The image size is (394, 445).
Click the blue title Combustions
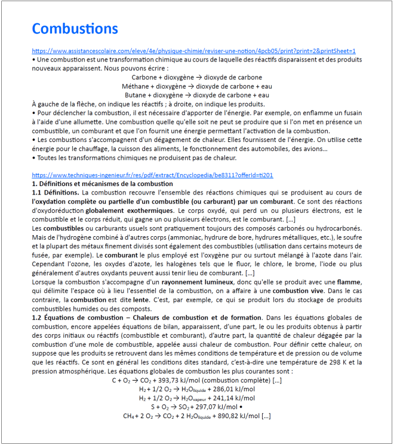click(75, 29)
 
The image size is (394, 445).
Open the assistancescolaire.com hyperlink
click(193, 51)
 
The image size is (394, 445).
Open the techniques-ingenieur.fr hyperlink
click(152, 175)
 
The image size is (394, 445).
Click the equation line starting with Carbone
click(196, 77)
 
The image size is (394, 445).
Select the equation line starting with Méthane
click(196, 86)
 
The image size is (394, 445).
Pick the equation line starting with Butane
click(196, 94)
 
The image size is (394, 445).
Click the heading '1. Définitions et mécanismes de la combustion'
click(102, 184)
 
